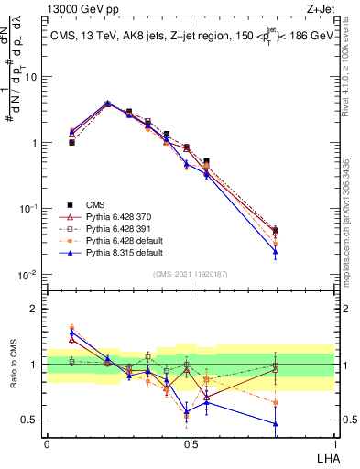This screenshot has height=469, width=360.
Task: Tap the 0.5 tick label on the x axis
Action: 190,442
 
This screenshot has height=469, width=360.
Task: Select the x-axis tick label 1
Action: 333,442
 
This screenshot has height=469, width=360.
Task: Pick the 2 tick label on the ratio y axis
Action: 37,309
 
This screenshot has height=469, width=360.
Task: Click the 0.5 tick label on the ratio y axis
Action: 33,420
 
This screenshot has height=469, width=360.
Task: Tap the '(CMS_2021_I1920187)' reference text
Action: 190,273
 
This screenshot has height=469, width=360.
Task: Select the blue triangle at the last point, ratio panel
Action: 301,423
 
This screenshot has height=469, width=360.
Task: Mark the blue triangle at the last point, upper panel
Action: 301,251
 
